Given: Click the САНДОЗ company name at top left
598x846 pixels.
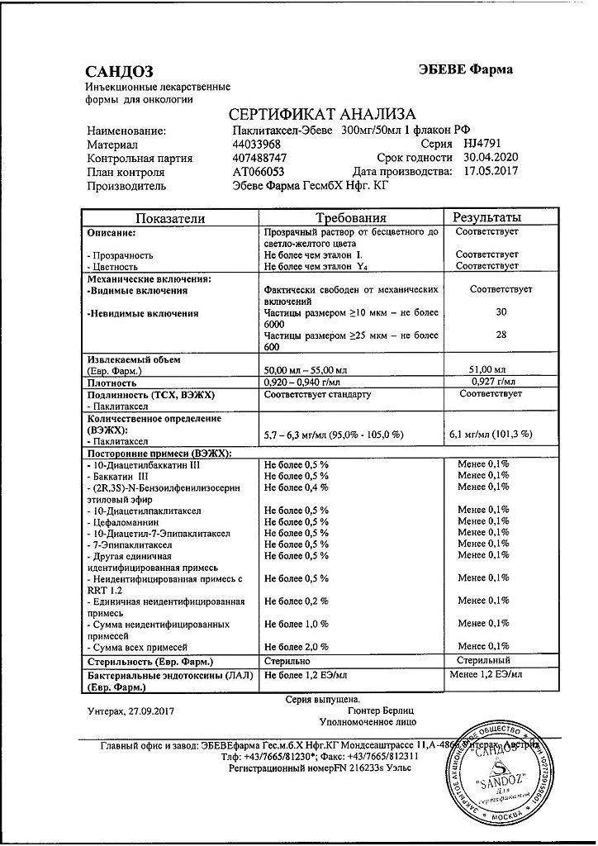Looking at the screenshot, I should point(119,72).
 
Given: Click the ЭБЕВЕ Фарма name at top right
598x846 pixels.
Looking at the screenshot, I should point(466,69).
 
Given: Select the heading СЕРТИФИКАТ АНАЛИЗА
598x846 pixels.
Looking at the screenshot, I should point(321,115).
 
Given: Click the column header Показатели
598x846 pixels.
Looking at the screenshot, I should point(169,217).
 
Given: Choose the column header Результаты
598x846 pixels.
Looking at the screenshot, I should point(486,217).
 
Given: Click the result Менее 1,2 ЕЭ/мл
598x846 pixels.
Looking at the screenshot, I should point(486,675).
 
